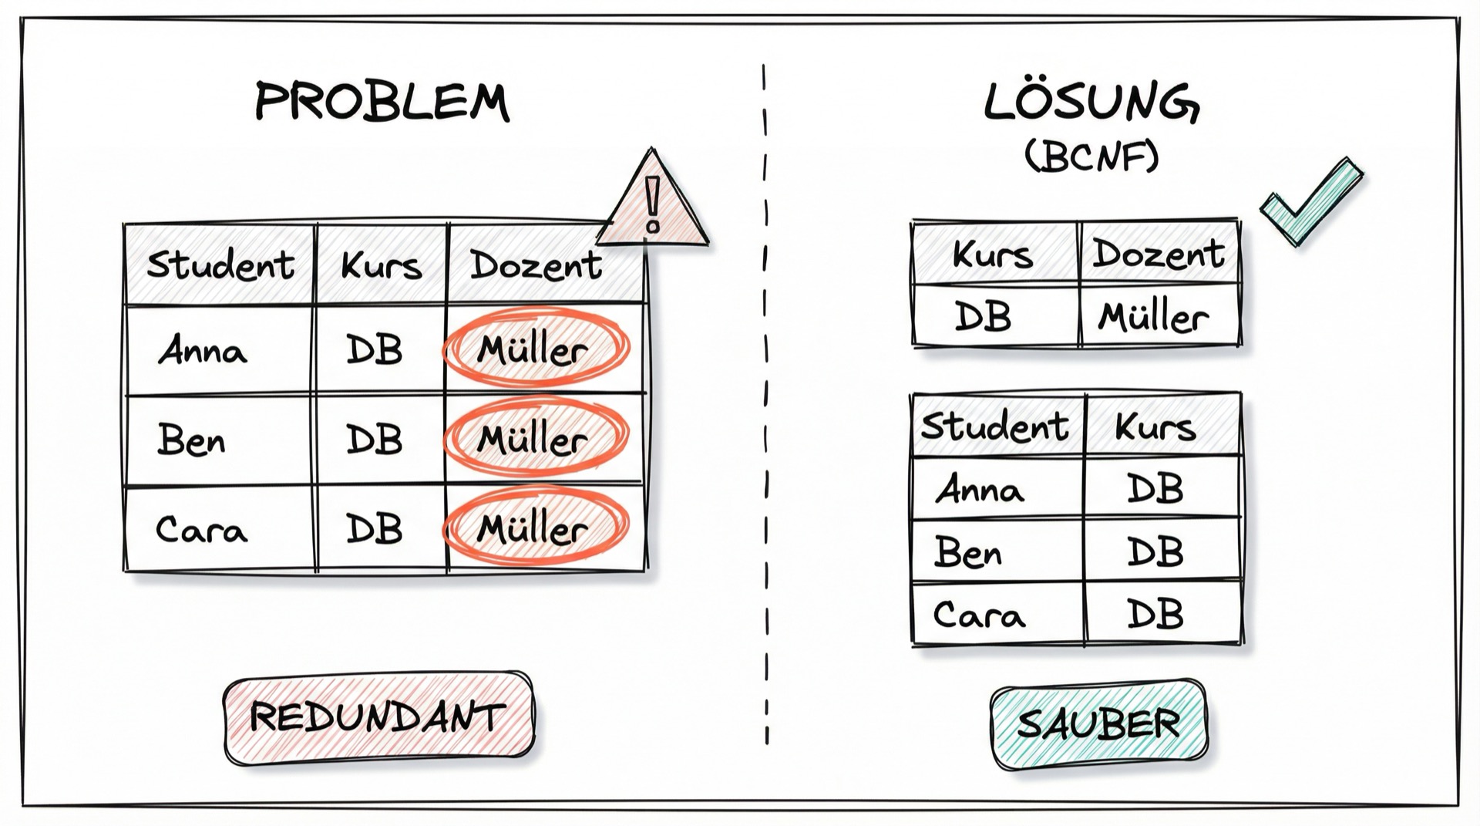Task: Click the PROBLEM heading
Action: click(x=382, y=102)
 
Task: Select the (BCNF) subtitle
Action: click(x=1091, y=157)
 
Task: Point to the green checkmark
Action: click(x=1310, y=202)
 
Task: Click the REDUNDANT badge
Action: click(x=378, y=717)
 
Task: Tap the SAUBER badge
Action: click(x=1098, y=724)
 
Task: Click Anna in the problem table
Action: click(x=203, y=351)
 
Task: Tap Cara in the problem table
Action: click(x=201, y=530)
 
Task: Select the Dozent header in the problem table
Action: click(x=536, y=265)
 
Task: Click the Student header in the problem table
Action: click(x=220, y=265)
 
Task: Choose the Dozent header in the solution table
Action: click(x=1159, y=254)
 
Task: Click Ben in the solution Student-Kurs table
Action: click(x=968, y=551)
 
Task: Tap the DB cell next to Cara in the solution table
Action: click(x=1155, y=615)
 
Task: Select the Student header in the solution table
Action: click(x=995, y=426)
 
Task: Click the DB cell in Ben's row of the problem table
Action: click(x=375, y=440)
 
